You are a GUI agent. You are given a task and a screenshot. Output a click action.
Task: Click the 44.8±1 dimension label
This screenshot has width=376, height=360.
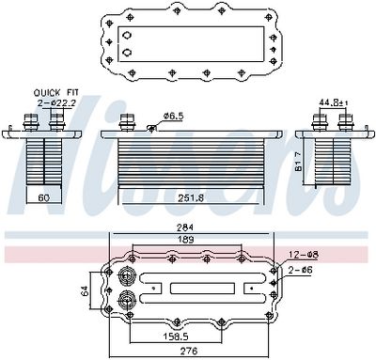pos(331,102)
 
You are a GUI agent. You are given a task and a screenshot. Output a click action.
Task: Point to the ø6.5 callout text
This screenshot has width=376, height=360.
pos(173,116)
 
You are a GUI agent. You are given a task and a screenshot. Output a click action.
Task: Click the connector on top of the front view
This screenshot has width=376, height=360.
pos(128,121)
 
